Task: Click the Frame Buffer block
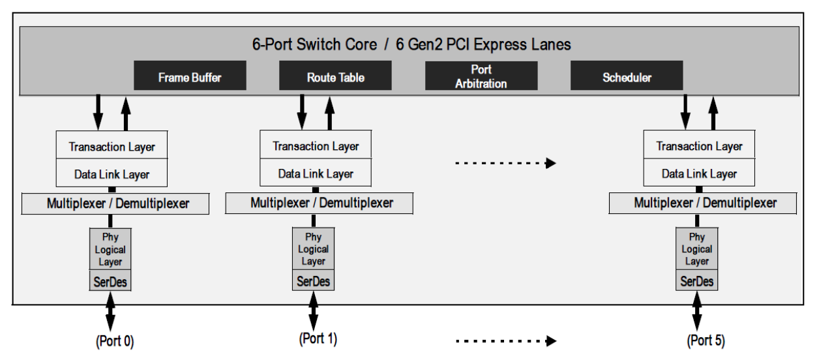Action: point(190,76)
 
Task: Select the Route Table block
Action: point(335,76)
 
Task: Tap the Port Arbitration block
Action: point(481,76)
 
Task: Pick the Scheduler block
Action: point(627,76)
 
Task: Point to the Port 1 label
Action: point(318,339)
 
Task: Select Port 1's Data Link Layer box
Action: point(316,174)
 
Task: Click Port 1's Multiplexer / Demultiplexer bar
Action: point(320,203)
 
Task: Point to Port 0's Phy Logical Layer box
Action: point(110,249)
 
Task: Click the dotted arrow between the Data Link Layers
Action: point(505,163)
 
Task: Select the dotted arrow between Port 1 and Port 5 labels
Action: point(505,340)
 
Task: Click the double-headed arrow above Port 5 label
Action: point(696,312)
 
